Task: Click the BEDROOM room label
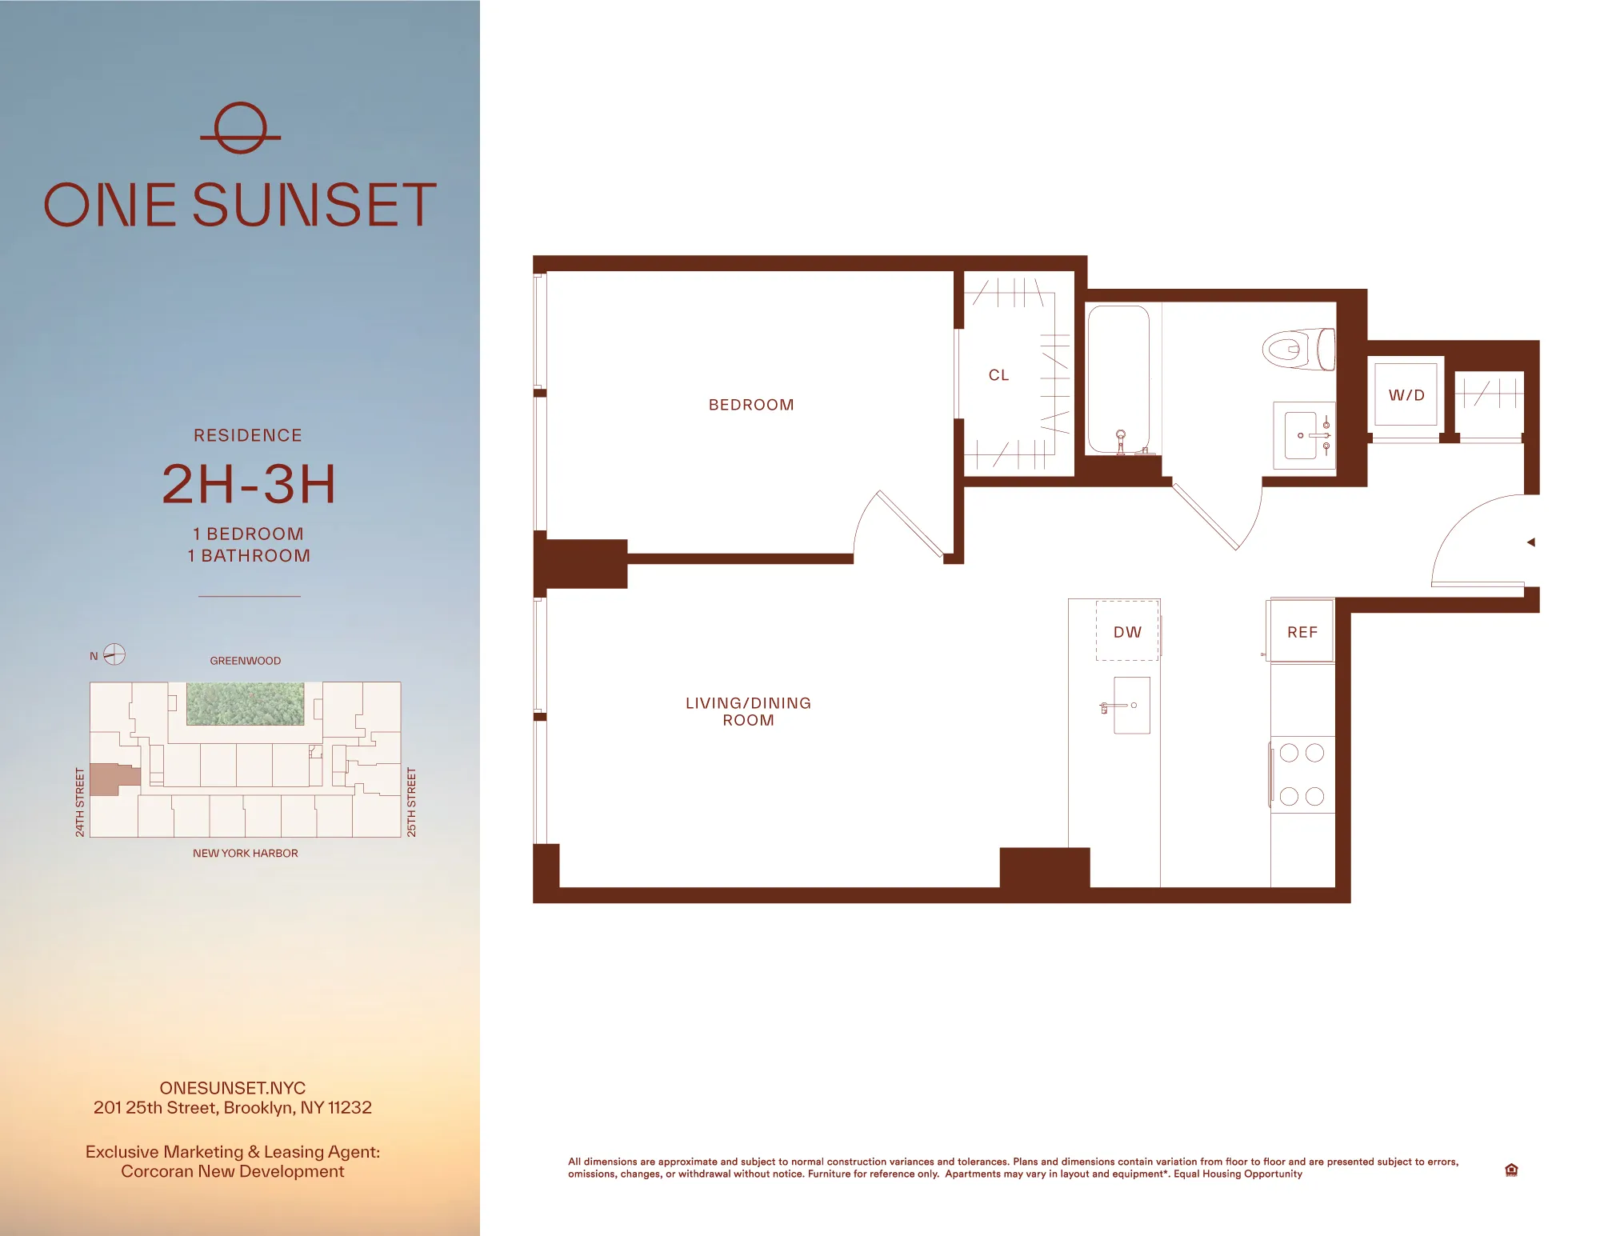pos(751,405)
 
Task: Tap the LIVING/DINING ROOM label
pos(748,711)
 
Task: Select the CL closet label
pos(998,375)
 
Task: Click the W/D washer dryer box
pos(1406,394)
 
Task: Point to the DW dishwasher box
pos(1127,631)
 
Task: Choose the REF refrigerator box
pos(1302,631)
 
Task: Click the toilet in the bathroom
pos(1298,350)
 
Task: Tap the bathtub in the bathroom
pos(1118,380)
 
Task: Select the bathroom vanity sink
pos(1303,435)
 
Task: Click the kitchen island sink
pos(1130,706)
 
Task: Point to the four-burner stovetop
pos(1302,774)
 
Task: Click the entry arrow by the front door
pos(1530,542)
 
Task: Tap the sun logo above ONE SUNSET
pos(240,128)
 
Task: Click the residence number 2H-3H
pos(248,484)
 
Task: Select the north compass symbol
pos(114,654)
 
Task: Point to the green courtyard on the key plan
pos(245,703)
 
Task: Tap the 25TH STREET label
pos(411,802)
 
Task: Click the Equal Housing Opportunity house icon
pos(1510,1170)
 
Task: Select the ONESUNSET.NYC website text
pos(232,1087)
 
